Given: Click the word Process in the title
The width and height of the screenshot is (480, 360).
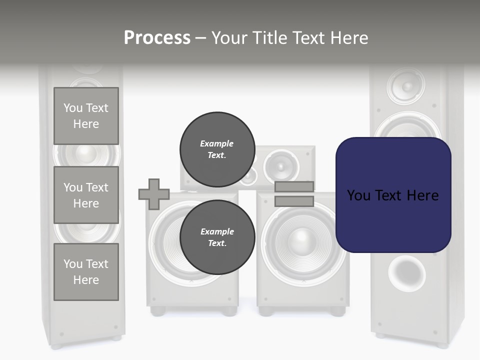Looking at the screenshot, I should (157, 38).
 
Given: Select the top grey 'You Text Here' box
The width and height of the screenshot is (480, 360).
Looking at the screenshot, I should (86, 116).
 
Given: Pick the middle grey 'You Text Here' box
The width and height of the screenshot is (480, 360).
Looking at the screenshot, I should (86, 195).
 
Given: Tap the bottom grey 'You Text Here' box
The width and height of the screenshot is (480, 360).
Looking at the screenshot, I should (86, 272).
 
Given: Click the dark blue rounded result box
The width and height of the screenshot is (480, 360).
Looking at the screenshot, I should (393, 195).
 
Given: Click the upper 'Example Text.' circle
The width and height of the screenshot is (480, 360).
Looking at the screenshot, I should (217, 149).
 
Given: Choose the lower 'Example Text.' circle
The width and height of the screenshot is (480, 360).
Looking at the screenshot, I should (217, 237).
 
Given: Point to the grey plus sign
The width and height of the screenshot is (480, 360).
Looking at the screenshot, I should (154, 194).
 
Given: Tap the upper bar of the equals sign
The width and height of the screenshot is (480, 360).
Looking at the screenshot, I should (294, 187).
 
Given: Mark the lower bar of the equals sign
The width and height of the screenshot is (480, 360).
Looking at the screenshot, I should (294, 201).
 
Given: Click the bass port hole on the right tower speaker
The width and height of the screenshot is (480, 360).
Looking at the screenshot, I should (407, 273).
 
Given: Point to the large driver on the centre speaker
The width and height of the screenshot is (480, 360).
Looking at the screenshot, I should (280, 165).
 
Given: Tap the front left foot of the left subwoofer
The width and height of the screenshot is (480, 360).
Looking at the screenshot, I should (158, 311).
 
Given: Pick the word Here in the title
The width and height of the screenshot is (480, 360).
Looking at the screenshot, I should (348, 38).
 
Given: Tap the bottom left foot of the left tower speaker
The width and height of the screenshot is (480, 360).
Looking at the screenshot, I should (57, 345).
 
